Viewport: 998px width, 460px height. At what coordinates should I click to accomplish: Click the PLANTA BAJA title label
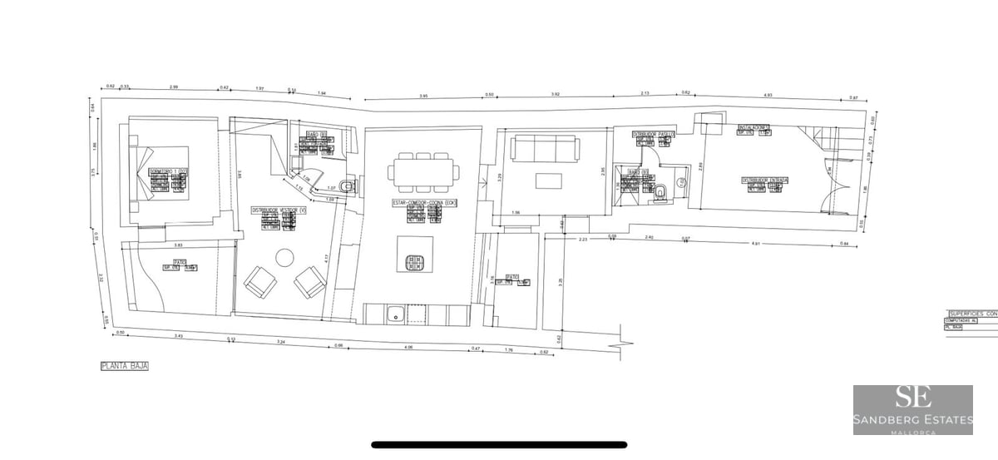123,365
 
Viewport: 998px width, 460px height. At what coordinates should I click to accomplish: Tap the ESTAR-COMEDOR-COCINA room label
425,203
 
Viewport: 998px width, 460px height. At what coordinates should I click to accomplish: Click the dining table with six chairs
422,172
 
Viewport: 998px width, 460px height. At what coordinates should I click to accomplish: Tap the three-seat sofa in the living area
546,149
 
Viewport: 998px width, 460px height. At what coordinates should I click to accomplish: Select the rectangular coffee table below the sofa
546,181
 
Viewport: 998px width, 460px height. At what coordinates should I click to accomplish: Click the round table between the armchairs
285,257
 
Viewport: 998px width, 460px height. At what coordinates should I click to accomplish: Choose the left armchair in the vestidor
259,282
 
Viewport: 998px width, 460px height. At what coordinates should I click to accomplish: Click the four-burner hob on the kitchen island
414,263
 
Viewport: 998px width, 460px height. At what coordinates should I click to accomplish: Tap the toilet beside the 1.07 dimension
348,185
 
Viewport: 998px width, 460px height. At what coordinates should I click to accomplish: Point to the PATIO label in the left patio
178,262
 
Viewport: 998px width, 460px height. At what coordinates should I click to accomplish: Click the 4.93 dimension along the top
768,95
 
